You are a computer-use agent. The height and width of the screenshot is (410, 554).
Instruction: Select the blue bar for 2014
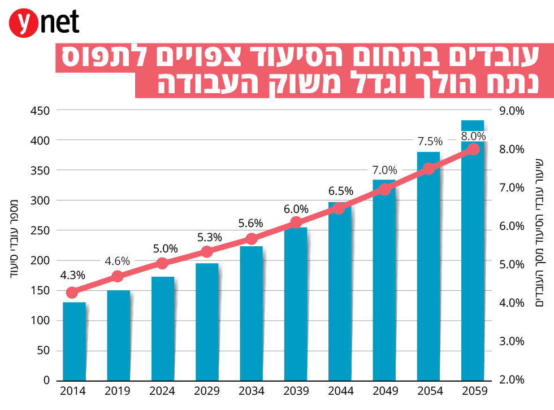74,341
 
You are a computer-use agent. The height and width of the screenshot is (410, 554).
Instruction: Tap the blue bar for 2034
252,313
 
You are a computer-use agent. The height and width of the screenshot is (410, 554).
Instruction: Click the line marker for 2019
118,277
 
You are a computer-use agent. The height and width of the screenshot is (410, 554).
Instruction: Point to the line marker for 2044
339,208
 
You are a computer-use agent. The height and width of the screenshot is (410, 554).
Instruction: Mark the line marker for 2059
474,149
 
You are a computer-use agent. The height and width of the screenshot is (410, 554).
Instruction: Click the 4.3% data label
72,276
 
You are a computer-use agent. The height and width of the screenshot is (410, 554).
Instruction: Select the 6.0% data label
296,209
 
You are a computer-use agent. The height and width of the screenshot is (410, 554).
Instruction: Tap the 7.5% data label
430,141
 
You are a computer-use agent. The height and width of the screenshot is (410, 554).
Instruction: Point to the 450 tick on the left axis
40,111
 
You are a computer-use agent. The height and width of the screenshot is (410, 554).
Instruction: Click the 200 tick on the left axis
40,260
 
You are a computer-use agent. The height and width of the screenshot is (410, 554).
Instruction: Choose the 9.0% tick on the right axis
512,111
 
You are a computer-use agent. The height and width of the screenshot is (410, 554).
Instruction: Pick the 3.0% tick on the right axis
512,341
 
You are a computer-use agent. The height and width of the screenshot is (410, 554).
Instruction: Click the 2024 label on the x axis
163,391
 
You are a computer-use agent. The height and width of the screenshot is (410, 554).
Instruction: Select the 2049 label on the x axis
384,391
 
